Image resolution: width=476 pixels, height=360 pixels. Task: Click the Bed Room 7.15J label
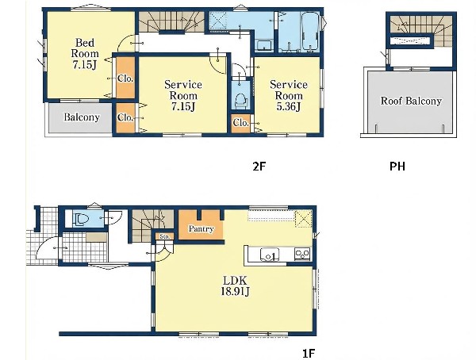pyautogui.click(x=85, y=53)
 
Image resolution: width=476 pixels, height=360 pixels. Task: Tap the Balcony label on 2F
pyautogui.click(x=82, y=117)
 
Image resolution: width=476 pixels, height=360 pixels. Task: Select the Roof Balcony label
pyautogui.click(x=411, y=101)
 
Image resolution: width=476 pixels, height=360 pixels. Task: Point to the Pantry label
pyautogui.click(x=201, y=229)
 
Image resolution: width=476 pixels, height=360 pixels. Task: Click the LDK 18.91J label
pyautogui.click(x=236, y=286)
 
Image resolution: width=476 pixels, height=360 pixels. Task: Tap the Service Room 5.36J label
pyautogui.click(x=289, y=95)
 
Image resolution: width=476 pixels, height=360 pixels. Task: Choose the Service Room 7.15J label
pyautogui.click(x=183, y=95)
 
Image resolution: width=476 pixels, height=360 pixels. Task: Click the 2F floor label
pyautogui.click(x=259, y=167)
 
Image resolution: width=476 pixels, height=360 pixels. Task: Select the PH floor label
pyautogui.click(x=397, y=167)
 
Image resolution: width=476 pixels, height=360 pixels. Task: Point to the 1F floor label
pyautogui.click(x=309, y=354)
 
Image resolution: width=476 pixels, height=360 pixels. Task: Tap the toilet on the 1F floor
pyautogui.click(x=79, y=220)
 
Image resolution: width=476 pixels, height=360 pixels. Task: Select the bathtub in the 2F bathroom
pyautogui.click(x=310, y=31)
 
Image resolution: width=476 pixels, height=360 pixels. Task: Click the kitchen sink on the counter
pyautogui.click(x=270, y=255)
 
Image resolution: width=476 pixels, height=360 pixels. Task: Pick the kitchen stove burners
pyautogui.click(x=302, y=254)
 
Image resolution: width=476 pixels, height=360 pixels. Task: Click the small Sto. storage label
pyautogui.click(x=165, y=236)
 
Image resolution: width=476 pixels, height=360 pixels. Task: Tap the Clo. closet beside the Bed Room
pyautogui.click(x=125, y=79)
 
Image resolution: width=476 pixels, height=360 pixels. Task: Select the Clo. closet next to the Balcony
pyautogui.click(x=125, y=118)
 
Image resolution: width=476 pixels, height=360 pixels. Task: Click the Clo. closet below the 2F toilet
pyautogui.click(x=241, y=123)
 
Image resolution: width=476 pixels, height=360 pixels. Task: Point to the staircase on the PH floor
pyautogui.click(x=421, y=30)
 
